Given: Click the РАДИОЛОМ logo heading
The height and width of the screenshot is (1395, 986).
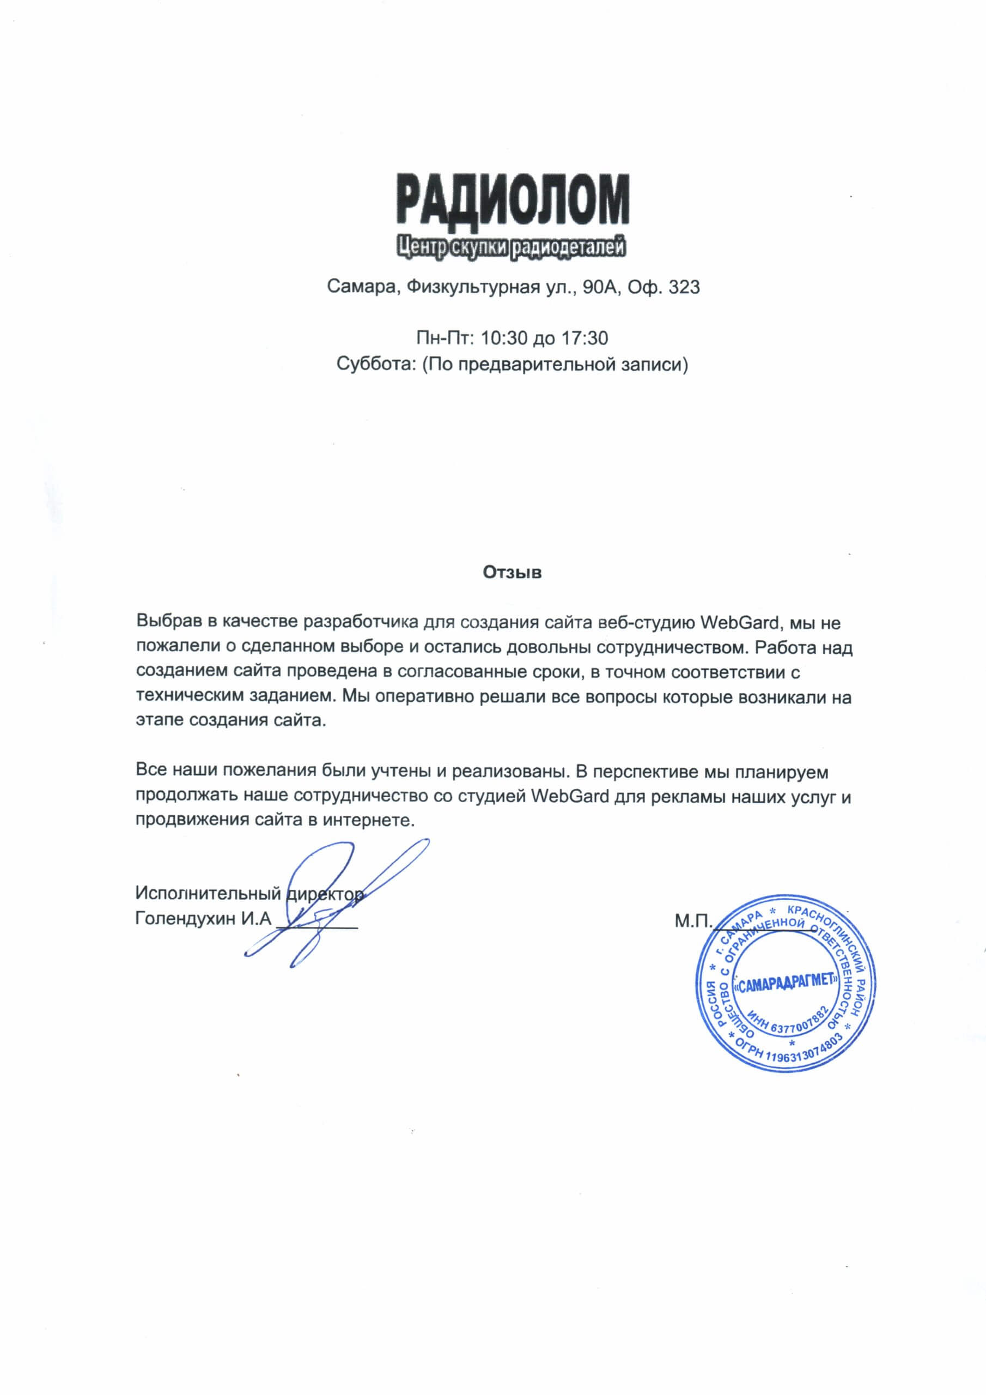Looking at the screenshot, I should pyautogui.click(x=513, y=199).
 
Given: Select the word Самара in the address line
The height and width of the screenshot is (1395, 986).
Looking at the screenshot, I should pyautogui.click(x=361, y=287).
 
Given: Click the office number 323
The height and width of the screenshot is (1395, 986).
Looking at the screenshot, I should pyautogui.click(x=684, y=287).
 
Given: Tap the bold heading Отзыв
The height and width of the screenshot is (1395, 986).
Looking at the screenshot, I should pyautogui.click(x=512, y=572).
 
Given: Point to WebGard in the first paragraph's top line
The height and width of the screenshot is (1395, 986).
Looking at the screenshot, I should pyautogui.click(x=739, y=622).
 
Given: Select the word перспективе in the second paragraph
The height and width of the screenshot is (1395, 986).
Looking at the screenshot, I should pyautogui.click(x=645, y=772).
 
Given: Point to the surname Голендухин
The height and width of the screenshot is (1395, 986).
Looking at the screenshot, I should pyautogui.click(x=185, y=918).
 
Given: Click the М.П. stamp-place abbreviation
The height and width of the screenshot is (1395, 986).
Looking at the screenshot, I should pyautogui.click(x=692, y=921).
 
